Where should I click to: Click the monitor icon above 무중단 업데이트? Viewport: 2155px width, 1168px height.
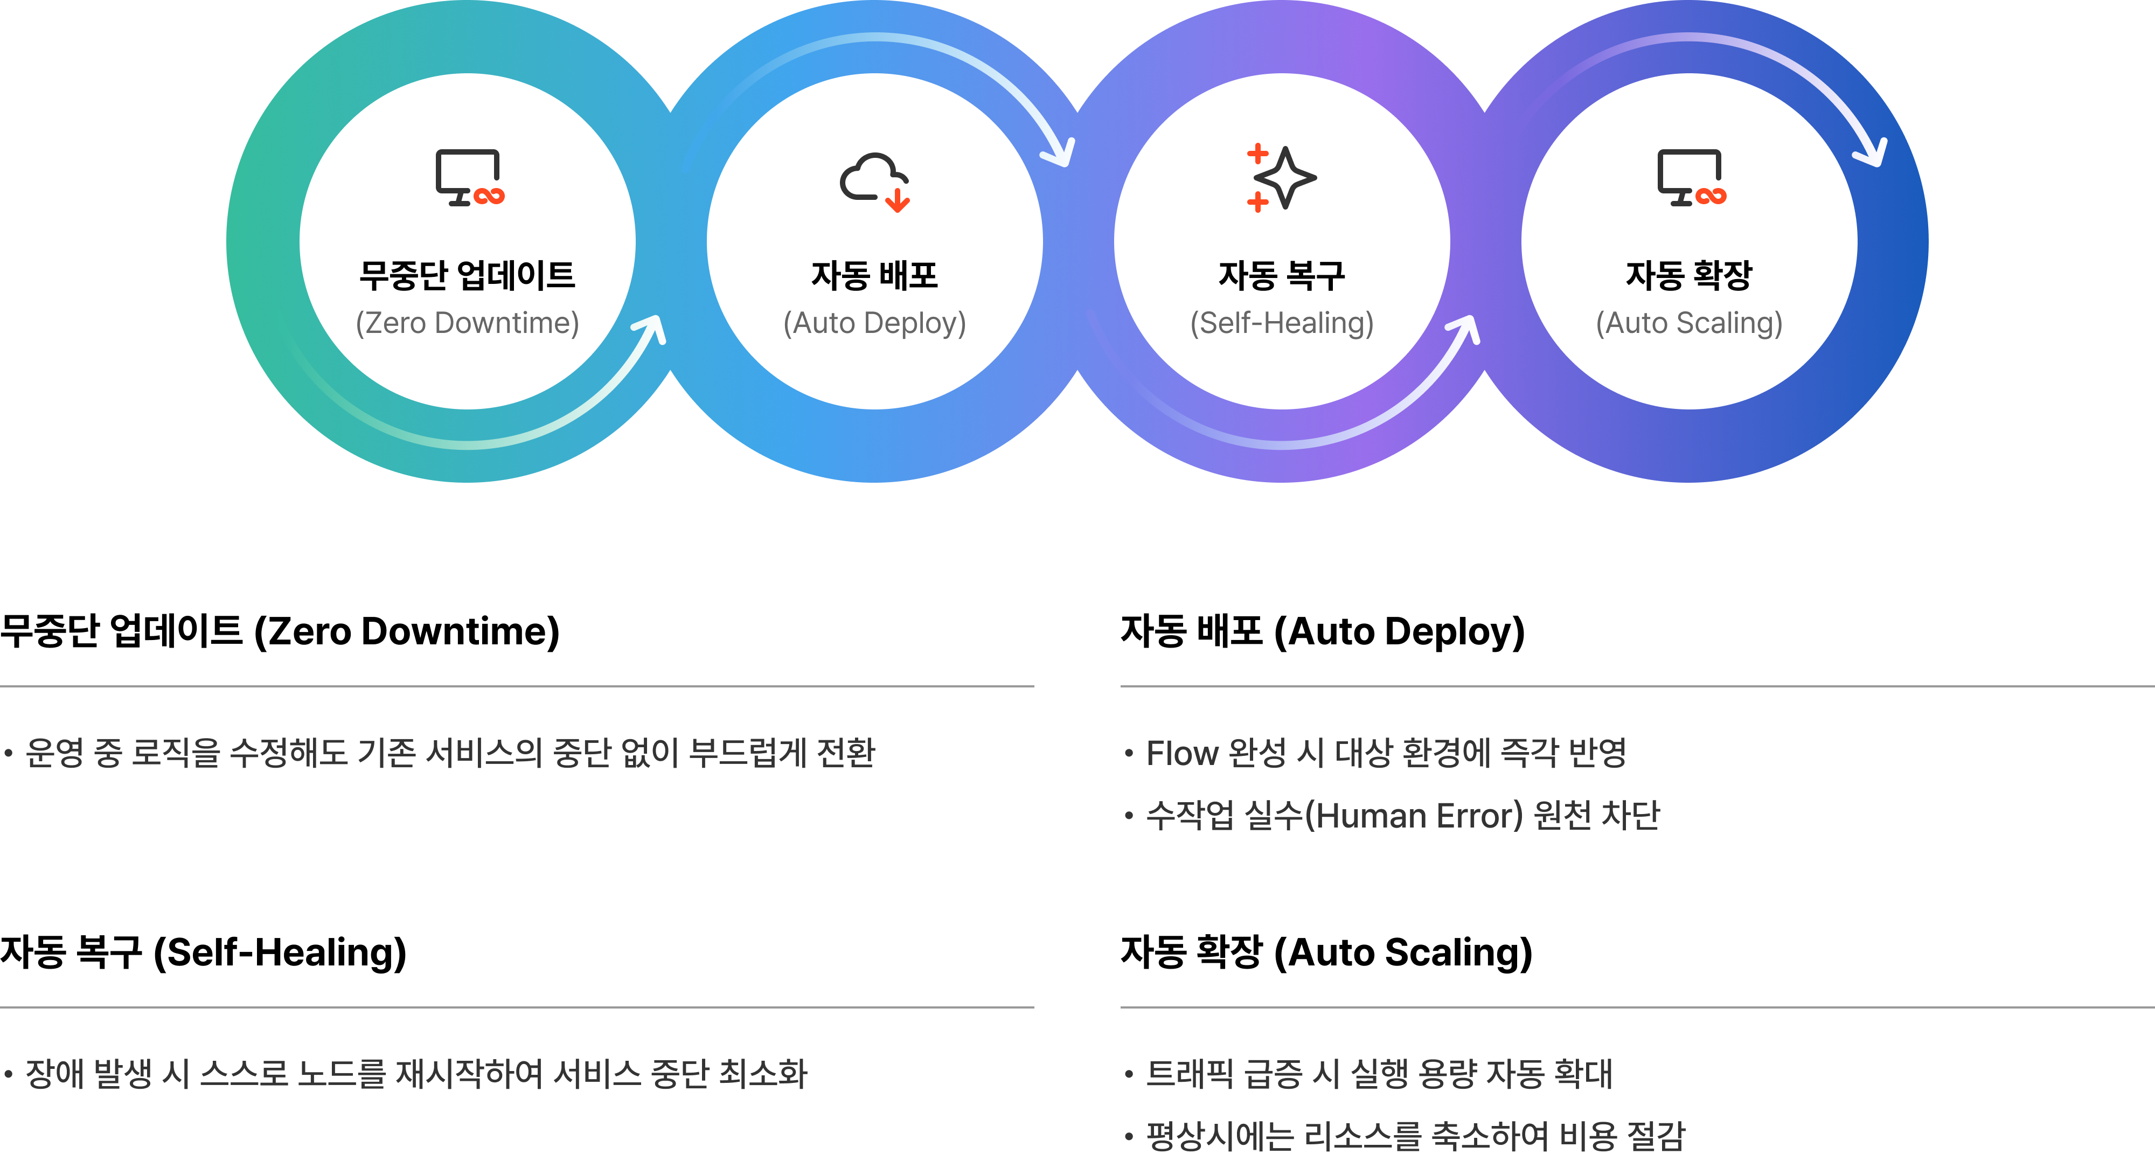point(469,177)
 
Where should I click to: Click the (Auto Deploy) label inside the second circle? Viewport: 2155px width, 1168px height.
point(874,323)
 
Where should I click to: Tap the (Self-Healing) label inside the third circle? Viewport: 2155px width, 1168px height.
point(1282,323)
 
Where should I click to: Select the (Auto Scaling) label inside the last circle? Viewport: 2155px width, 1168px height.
point(1689,323)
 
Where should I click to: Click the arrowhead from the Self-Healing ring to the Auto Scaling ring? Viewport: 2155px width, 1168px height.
point(1465,329)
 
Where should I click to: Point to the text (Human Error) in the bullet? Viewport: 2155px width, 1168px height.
point(1415,815)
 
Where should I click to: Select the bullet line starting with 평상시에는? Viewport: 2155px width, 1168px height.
point(1406,1135)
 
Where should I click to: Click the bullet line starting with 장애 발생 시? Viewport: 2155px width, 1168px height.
point(406,1074)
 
